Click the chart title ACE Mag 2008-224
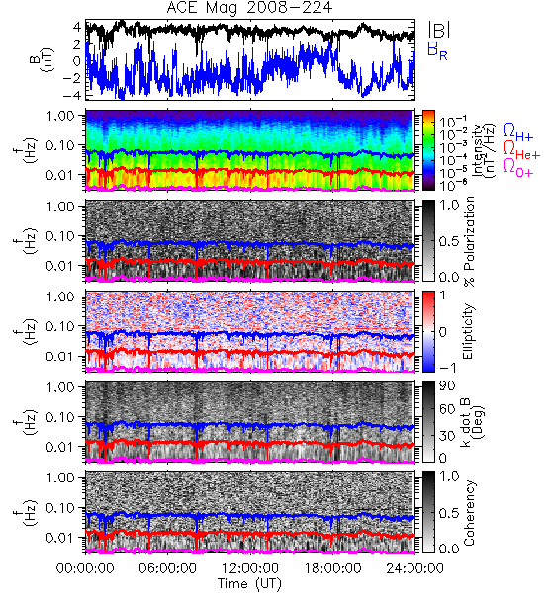click(x=249, y=8)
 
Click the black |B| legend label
click(x=439, y=30)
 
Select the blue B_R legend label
click(x=437, y=50)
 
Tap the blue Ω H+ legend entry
click(x=518, y=132)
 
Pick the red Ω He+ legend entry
click(x=521, y=150)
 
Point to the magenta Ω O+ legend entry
click(x=518, y=168)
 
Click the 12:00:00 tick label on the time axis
click(x=250, y=568)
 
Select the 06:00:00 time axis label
click(x=168, y=568)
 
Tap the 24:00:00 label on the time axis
click(x=414, y=568)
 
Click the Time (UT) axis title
click(x=249, y=584)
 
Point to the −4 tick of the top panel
click(x=73, y=95)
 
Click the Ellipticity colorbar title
click(x=468, y=332)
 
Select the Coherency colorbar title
click(x=468, y=513)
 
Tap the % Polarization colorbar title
click(x=470, y=241)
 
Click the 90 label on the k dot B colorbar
click(x=447, y=386)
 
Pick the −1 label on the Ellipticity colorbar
click(x=447, y=368)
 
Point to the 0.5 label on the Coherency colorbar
click(x=449, y=513)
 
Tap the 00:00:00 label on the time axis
click(x=85, y=568)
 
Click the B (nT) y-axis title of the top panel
click(x=45, y=59)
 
